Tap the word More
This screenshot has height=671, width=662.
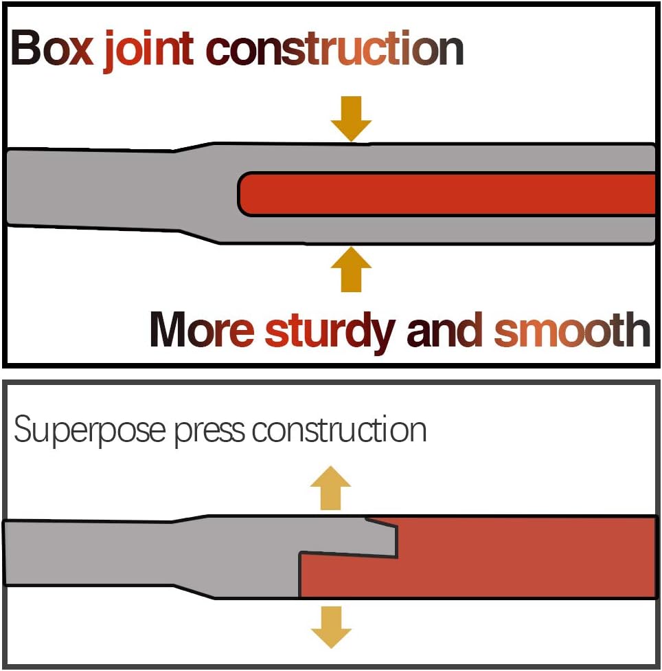tap(202, 330)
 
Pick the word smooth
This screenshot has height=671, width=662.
tap(571, 330)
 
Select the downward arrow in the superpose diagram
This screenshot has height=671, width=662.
tap(330, 627)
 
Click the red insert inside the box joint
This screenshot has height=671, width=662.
tap(446, 194)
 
